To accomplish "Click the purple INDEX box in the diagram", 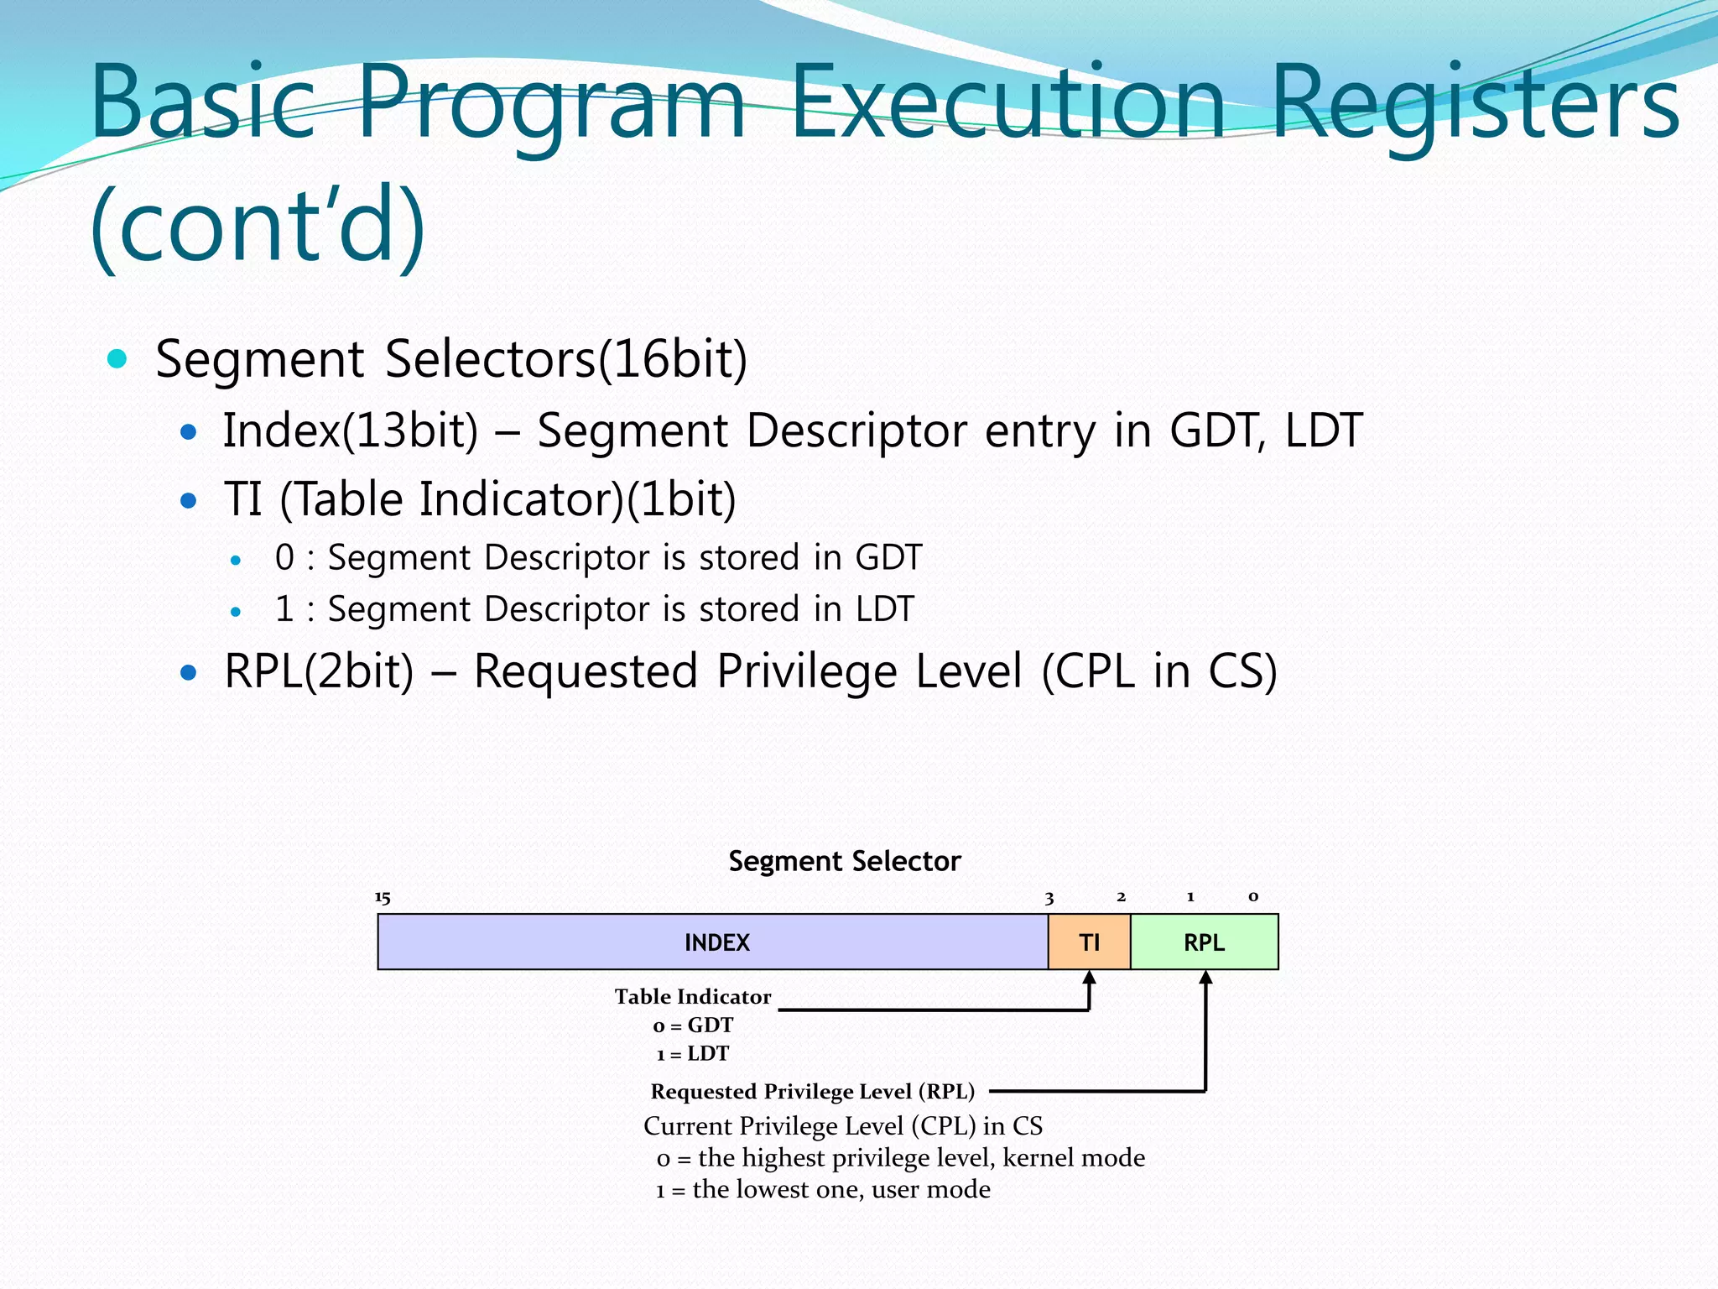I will (x=716, y=942).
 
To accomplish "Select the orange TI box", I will (x=1089, y=942).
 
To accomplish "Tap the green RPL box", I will (x=1204, y=942).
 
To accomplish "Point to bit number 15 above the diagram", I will (x=383, y=898).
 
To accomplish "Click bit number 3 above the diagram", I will (x=1049, y=898).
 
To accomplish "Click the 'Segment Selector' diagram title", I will (x=844, y=861).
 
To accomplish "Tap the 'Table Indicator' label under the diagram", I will (x=692, y=996).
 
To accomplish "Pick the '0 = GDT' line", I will (x=693, y=1025).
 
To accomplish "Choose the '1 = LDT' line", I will (x=693, y=1053).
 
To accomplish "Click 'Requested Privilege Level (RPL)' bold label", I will (x=812, y=1091).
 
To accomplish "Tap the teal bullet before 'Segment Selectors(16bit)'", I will (x=117, y=359).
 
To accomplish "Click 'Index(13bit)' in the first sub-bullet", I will (x=350, y=431).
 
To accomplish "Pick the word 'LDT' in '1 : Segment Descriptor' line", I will (x=884, y=608).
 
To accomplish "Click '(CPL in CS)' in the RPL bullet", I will (x=1158, y=671).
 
